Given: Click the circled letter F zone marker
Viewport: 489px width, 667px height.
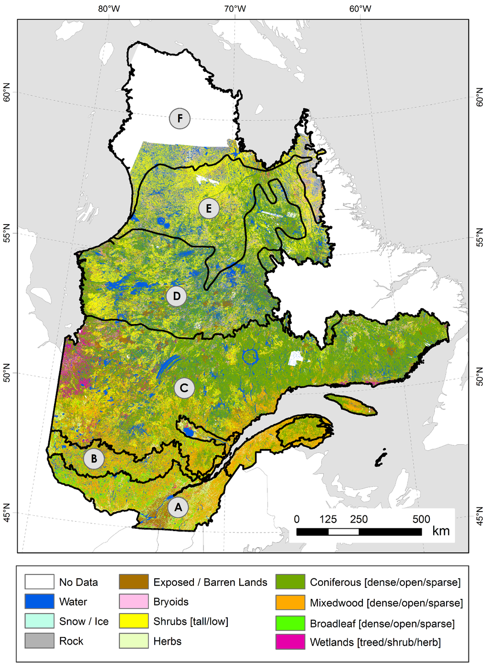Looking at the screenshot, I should pyautogui.click(x=180, y=119).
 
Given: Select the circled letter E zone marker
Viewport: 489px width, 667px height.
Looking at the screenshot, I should pyautogui.click(x=209, y=209).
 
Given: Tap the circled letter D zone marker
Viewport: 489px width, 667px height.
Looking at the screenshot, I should pyautogui.click(x=176, y=297).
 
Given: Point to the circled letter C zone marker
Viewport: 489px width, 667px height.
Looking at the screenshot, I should pyautogui.click(x=184, y=388).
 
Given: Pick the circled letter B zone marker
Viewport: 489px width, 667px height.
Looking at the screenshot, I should pyautogui.click(x=94, y=459).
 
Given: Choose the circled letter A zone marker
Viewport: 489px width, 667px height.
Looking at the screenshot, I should pyautogui.click(x=178, y=507).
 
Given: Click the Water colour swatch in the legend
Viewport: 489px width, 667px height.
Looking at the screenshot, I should pyautogui.click(x=39, y=602).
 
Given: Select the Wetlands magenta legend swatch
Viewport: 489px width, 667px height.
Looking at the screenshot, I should pyautogui.click(x=290, y=642).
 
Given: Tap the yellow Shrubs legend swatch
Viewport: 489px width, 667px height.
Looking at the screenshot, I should pyautogui.click(x=134, y=621).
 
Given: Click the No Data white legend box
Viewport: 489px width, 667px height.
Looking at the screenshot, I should pyautogui.click(x=39, y=582).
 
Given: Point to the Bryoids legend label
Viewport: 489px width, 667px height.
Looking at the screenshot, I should pyautogui.click(x=171, y=602).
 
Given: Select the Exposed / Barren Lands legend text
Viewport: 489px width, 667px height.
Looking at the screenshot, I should pyautogui.click(x=210, y=582).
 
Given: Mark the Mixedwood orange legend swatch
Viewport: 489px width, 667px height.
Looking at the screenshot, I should pyautogui.click(x=290, y=603).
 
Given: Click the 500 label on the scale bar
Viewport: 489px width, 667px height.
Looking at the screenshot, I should pyautogui.click(x=421, y=519).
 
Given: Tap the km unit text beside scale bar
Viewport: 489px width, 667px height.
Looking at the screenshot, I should pyautogui.click(x=441, y=531).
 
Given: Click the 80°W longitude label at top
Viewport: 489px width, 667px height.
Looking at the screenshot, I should pyautogui.click(x=109, y=9).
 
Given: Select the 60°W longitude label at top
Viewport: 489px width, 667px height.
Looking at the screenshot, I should pyautogui.click(x=360, y=9).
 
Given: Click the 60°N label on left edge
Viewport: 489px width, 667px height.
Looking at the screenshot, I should pyautogui.click(x=7, y=92).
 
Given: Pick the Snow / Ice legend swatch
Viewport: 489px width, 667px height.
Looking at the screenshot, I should pyautogui.click(x=39, y=621).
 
